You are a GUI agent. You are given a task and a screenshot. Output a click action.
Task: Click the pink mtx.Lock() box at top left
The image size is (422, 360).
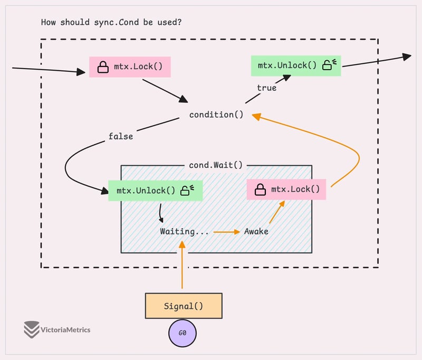[130, 67]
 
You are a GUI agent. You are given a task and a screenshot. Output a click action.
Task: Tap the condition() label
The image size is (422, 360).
[216, 115]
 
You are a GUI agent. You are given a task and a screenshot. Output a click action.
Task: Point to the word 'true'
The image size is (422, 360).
[266, 88]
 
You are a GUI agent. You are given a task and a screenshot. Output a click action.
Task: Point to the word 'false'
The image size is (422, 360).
[121, 136]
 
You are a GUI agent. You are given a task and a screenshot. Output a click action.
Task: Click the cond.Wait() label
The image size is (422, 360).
[216, 165]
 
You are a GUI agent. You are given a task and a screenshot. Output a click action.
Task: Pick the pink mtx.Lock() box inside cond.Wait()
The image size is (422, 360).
[286, 189]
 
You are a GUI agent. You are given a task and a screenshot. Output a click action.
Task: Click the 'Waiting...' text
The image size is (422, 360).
[184, 231]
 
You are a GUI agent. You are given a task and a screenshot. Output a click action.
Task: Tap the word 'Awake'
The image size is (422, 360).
[256, 231]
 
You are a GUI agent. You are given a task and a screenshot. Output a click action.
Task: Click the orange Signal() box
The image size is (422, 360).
[184, 306]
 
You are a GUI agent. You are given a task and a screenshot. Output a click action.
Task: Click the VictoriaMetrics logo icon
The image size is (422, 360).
[32, 329]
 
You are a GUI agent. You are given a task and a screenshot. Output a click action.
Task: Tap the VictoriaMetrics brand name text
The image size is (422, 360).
[65, 330]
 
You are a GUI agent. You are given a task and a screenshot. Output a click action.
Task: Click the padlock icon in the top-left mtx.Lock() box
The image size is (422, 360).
[103, 67]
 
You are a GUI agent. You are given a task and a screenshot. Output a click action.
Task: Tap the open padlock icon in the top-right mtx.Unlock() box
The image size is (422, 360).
[330, 65]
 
